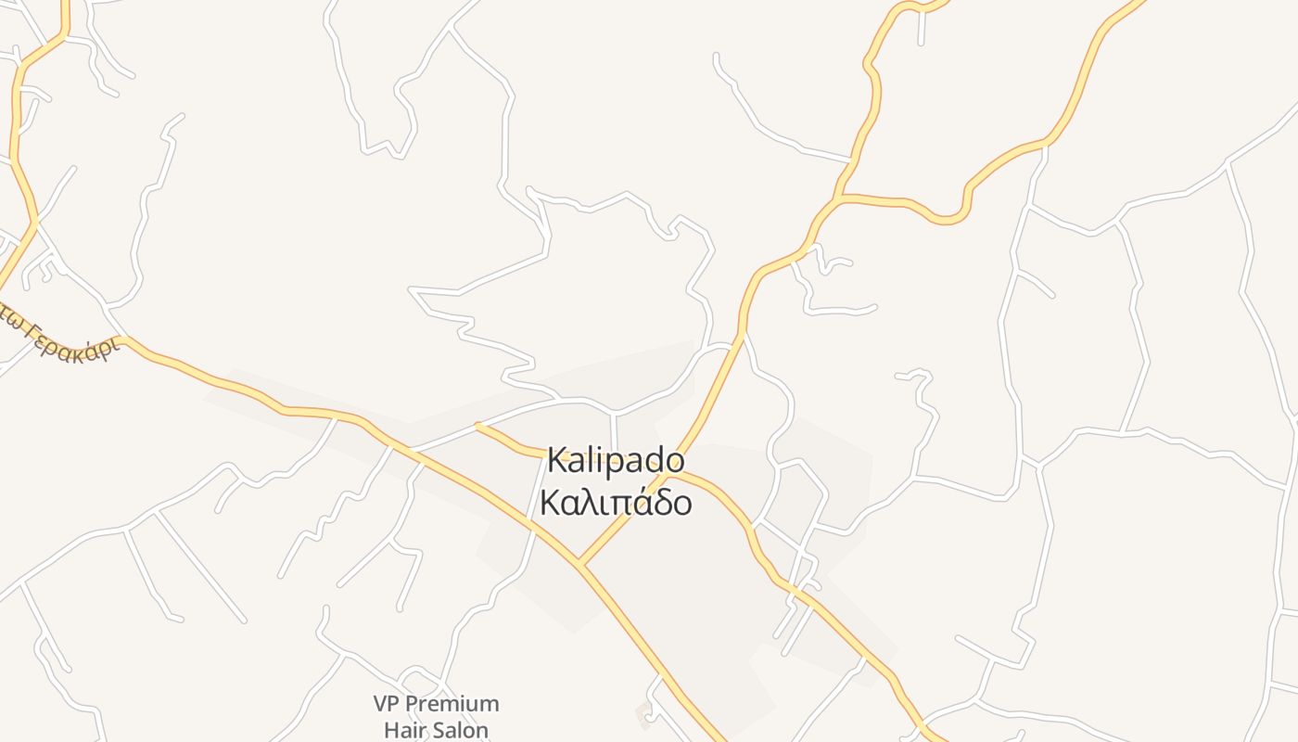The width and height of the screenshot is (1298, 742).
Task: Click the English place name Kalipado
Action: (x=616, y=460)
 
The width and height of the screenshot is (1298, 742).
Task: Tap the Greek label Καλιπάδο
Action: (x=616, y=503)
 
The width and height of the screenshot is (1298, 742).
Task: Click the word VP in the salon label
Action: (x=389, y=704)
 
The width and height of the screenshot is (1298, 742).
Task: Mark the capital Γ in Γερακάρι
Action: (x=33, y=330)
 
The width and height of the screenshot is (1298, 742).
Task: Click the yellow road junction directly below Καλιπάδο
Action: (x=579, y=563)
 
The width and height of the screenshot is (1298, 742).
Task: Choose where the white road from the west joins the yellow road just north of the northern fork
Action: (x=851, y=160)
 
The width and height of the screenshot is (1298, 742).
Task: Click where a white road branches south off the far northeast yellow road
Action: (x=1045, y=145)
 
